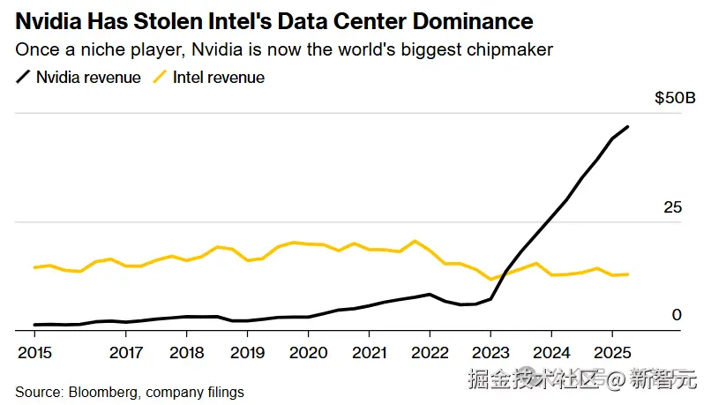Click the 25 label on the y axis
point(673,207)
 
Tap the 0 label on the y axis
point(677,314)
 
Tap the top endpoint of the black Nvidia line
point(627,127)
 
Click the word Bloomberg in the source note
point(98,392)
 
